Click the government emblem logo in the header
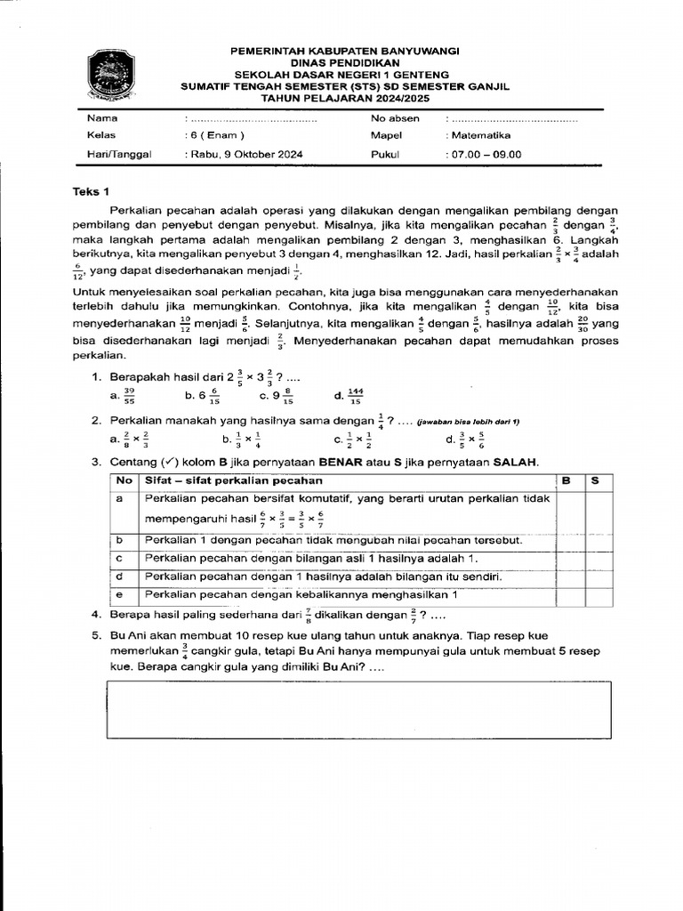coord(112,75)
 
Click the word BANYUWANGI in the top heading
coord(408,52)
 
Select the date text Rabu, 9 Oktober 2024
coord(245,154)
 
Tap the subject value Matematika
coord(478,136)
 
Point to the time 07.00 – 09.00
coord(485,154)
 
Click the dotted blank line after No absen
coord(511,118)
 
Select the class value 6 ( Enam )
coord(214,136)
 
